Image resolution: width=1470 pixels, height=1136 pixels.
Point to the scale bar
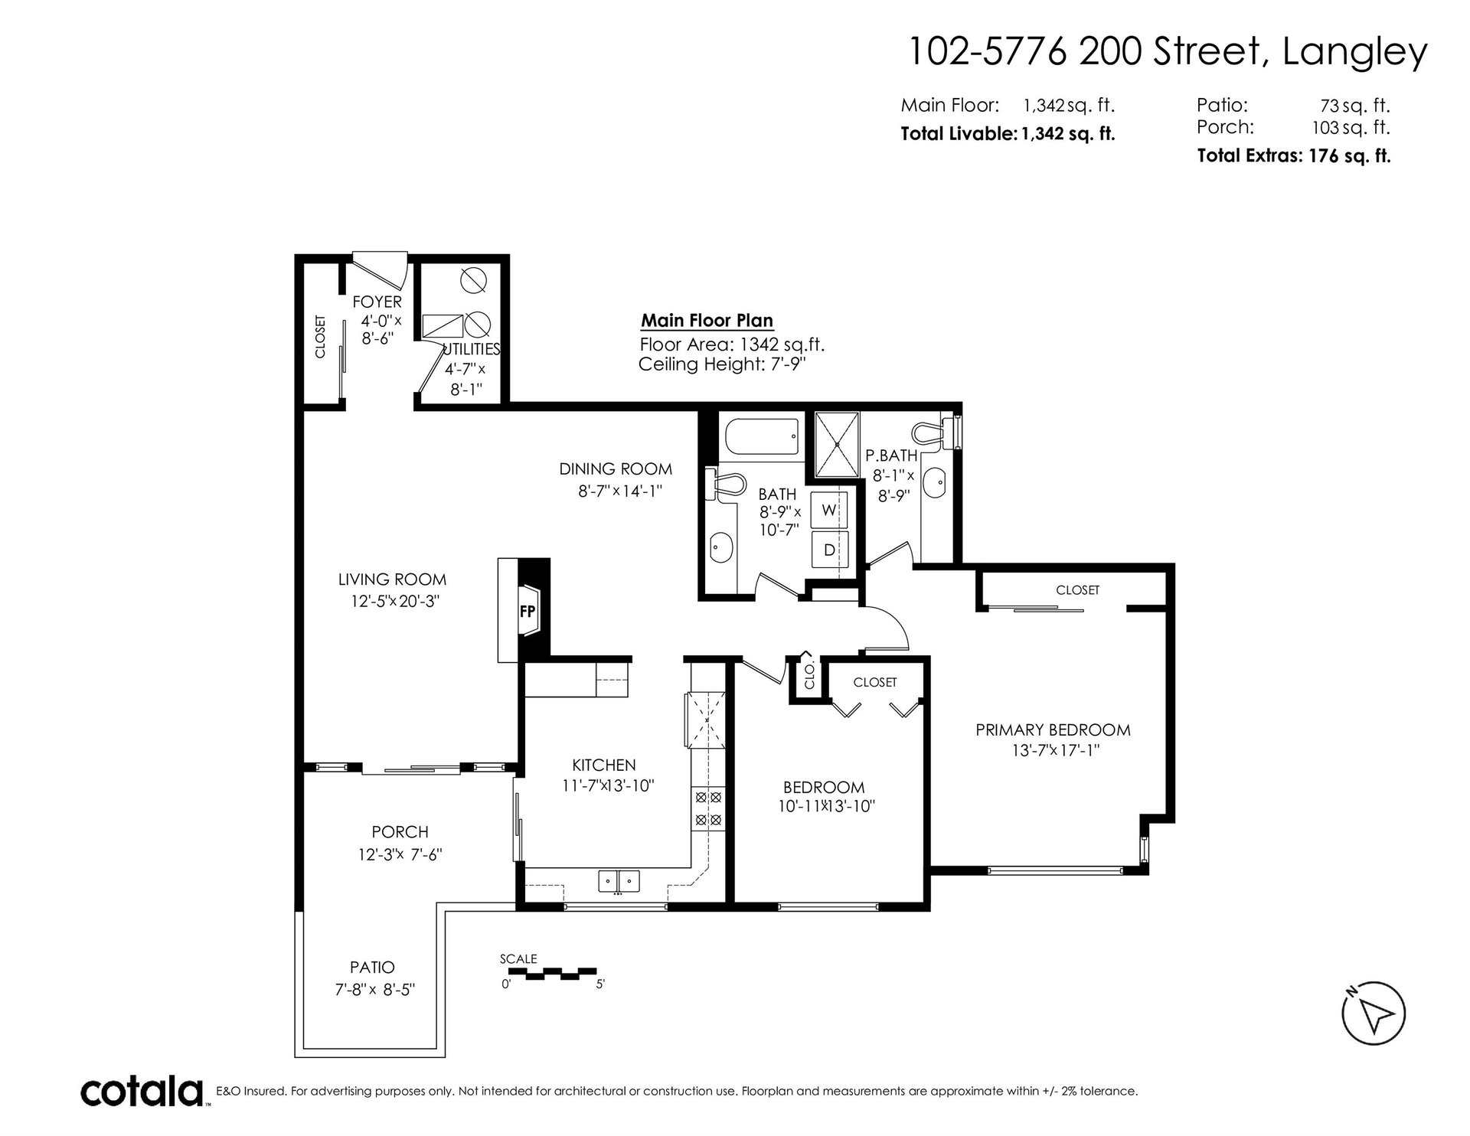553,974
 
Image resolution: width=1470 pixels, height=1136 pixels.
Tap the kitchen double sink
619,881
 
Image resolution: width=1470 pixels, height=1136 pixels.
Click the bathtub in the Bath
759,437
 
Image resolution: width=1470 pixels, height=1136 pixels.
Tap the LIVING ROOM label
394,579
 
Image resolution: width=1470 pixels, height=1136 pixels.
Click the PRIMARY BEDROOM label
1053,730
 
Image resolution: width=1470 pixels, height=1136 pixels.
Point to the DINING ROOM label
616,469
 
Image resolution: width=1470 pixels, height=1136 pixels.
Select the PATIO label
373,968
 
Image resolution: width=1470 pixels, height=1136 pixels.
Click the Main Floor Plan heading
707,321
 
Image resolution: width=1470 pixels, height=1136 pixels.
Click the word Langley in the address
1354,53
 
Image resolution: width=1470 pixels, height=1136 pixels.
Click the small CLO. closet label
809,676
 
